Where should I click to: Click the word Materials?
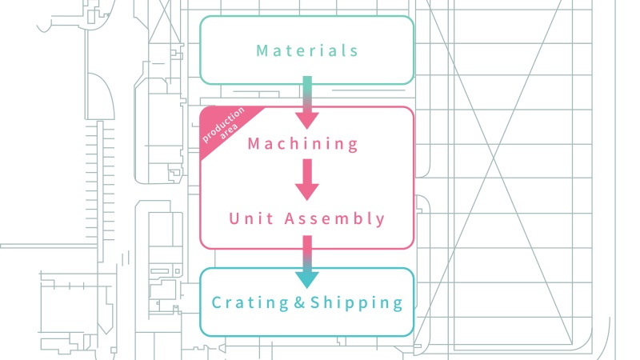click(307, 50)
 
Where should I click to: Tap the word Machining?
click(303, 144)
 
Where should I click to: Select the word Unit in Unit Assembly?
click(250, 218)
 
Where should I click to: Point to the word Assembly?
click(334, 218)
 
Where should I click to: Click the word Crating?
click(250, 303)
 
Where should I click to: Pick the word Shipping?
click(357, 303)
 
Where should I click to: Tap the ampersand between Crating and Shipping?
click(299, 302)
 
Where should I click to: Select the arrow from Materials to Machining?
click(307, 102)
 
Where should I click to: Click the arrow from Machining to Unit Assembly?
click(307, 179)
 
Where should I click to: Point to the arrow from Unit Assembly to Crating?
click(307, 262)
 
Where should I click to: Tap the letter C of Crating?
click(217, 302)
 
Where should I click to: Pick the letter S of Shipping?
click(315, 302)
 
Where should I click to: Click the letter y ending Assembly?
click(381, 221)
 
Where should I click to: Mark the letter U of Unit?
click(234, 218)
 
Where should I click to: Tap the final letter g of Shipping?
click(398, 305)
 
